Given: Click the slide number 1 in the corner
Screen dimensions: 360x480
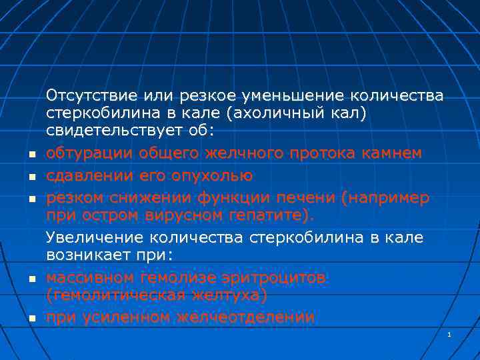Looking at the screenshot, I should coord(450,334).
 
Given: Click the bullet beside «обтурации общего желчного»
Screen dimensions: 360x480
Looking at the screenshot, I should coord(31,155).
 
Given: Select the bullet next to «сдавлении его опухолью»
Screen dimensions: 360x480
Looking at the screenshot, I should coord(31,177).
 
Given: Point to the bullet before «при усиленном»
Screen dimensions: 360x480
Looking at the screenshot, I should coord(31,319).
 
